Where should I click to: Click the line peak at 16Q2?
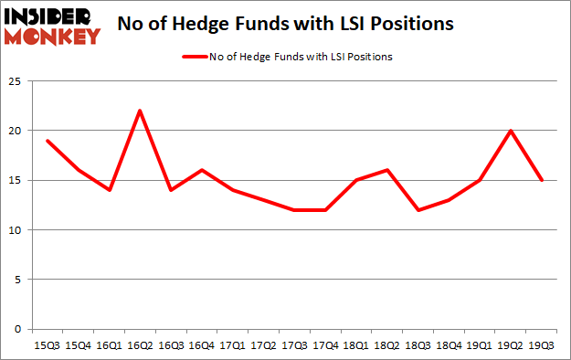coord(140,111)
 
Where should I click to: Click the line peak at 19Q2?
coord(512,131)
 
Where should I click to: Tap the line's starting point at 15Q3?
coord(47,141)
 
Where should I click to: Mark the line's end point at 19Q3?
coord(543,180)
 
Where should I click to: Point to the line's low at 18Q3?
coord(418,210)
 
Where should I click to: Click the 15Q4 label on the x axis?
coord(78,345)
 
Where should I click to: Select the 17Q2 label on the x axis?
coord(264,345)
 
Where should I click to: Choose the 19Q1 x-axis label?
coord(481,345)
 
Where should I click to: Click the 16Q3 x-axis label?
coord(171,345)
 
